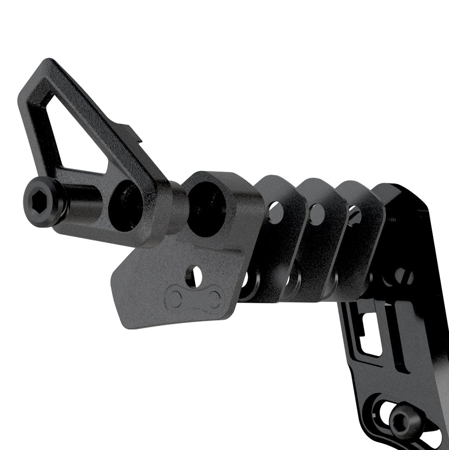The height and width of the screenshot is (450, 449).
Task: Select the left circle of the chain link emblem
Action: pos(175,298)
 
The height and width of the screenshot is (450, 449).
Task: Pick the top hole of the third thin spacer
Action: pos(354,215)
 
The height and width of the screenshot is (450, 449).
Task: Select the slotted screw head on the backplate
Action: pos(403,277)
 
